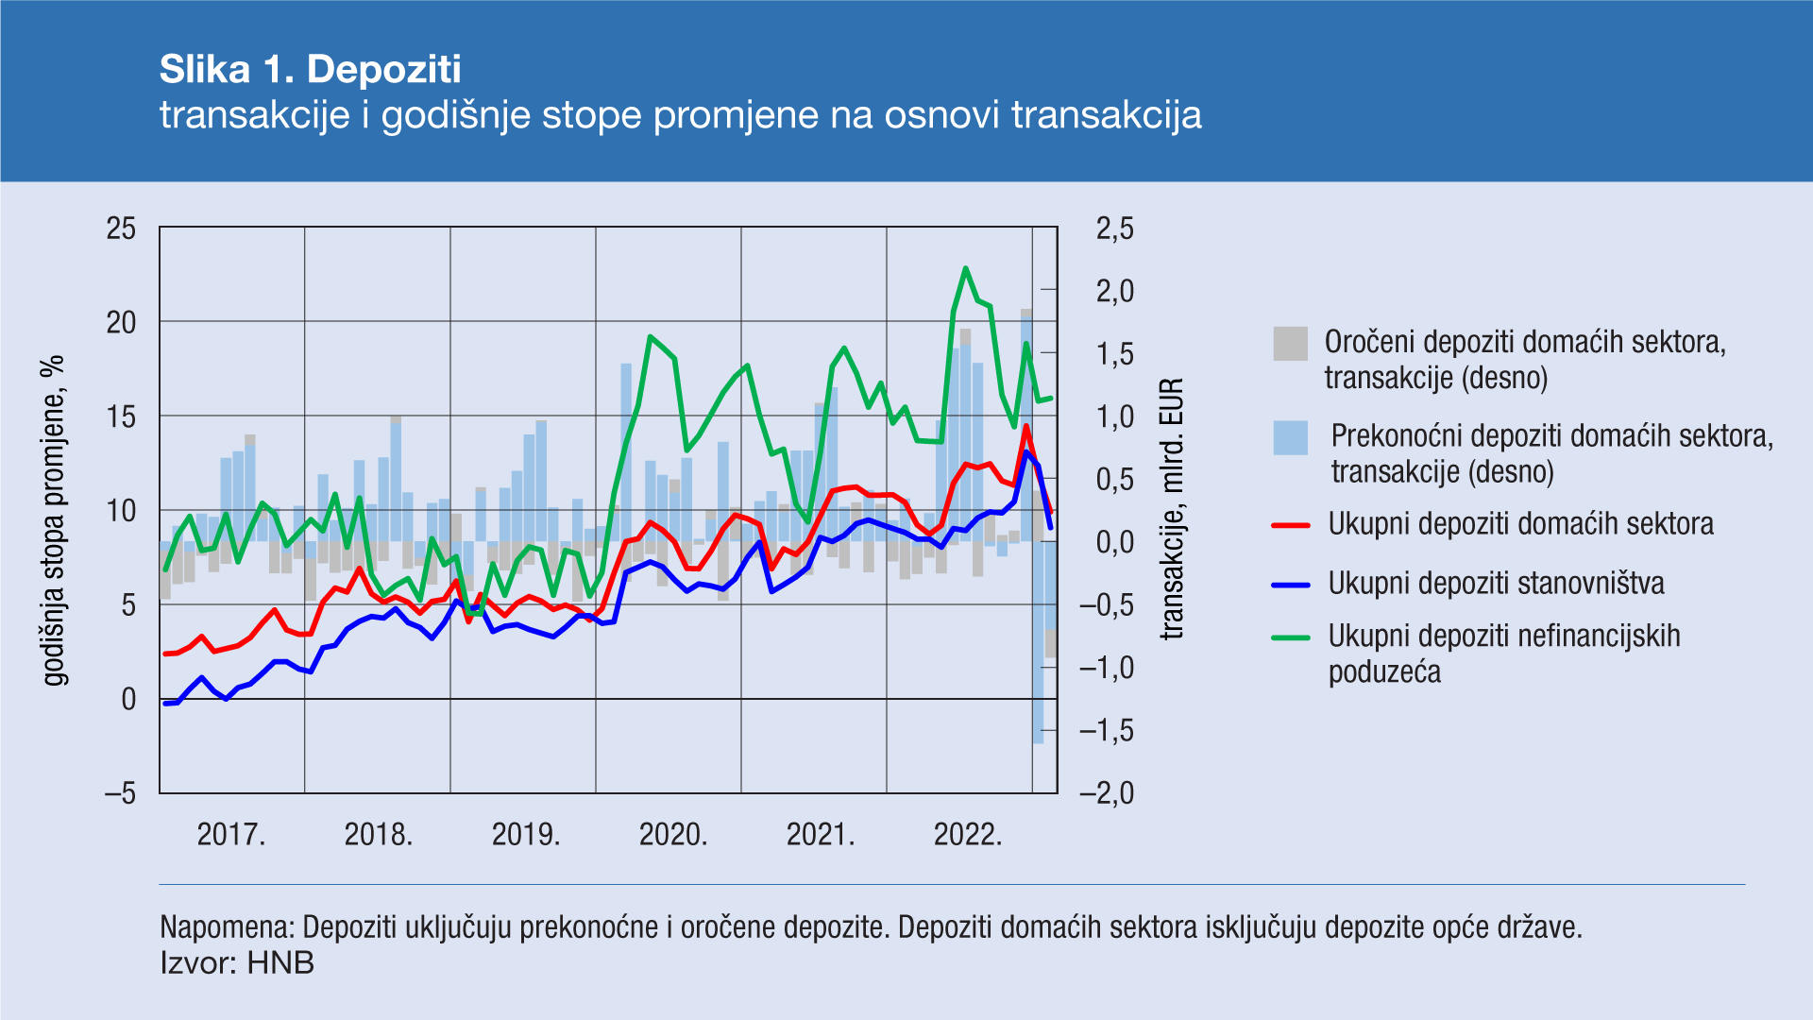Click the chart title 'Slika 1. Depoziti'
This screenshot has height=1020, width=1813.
pos(310,69)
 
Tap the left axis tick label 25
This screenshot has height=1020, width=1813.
pos(121,229)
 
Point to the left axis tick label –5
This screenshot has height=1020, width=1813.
pos(121,793)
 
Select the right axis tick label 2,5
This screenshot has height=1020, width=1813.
pos(1114,229)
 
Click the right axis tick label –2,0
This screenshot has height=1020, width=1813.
pos(1107,793)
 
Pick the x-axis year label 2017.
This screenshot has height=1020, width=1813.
pos(231,835)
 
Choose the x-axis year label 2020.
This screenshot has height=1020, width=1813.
pos(673,835)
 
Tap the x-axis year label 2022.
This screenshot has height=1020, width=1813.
pos(968,835)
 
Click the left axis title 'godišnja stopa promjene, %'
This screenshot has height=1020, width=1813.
pos(54,519)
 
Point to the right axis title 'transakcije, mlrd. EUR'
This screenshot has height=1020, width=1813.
pos(1172,510)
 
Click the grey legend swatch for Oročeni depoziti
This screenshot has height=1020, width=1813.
pos(1290,344)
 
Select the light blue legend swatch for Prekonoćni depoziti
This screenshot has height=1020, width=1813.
pos(1290,438)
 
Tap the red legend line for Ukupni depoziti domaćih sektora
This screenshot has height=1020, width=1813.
pos(1290,525)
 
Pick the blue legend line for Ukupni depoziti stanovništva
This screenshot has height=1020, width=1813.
pos(1290,585)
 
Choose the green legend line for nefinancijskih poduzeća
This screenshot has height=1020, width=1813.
pos(1290,637)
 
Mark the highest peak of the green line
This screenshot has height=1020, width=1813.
pos(965,268)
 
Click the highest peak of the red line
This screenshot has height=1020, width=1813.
pos(1026,426)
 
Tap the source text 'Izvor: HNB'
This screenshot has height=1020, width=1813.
pos(236,963)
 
